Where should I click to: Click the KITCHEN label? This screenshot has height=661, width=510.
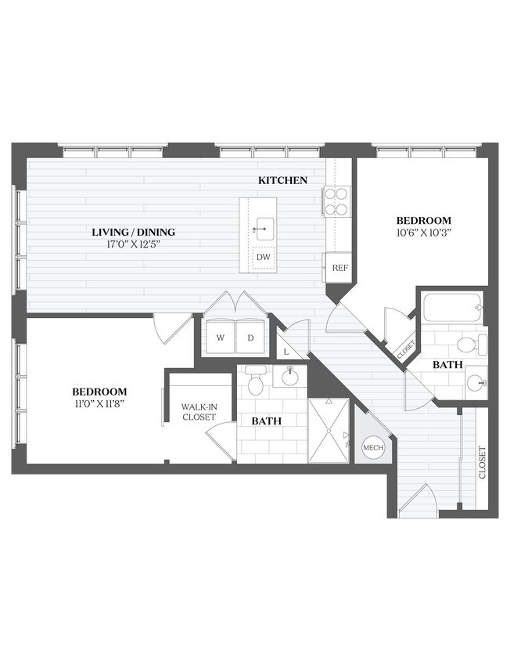[282, 180]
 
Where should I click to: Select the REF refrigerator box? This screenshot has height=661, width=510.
[339, 268]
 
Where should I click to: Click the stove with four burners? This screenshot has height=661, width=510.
[336, 201]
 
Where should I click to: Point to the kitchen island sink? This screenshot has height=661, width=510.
[264, 229]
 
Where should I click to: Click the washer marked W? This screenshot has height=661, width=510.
[220, 338]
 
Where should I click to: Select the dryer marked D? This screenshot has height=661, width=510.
[250, 338]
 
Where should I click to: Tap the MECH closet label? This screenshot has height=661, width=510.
[371, 448]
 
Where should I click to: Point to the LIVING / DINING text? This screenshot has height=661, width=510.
[133, 232]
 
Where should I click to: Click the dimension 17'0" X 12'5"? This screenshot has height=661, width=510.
[133, 244]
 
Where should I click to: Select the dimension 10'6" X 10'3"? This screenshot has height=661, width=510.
[423, 233]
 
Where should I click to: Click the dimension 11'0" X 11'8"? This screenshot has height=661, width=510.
[99, 403]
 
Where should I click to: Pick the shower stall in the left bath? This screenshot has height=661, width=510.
[329, 431]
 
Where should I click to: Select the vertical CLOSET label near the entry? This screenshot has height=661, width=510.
[482, 462]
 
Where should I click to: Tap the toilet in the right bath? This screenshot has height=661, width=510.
[470, 344]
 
